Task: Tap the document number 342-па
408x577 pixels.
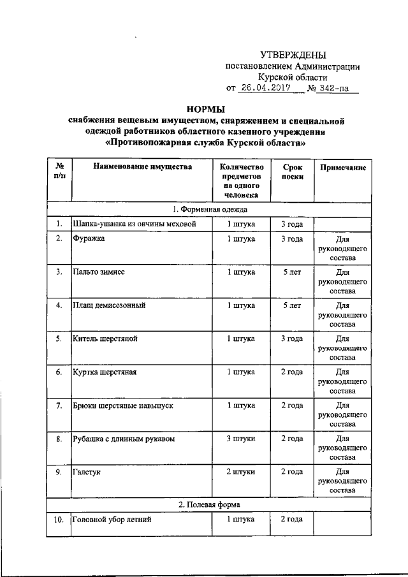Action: pyautogui.click(x=335, y=88)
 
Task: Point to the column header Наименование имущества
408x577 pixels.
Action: pyautogui.click(x=142, y=167)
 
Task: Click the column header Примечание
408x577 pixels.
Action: pyautogui.click(x=342, y=167)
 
